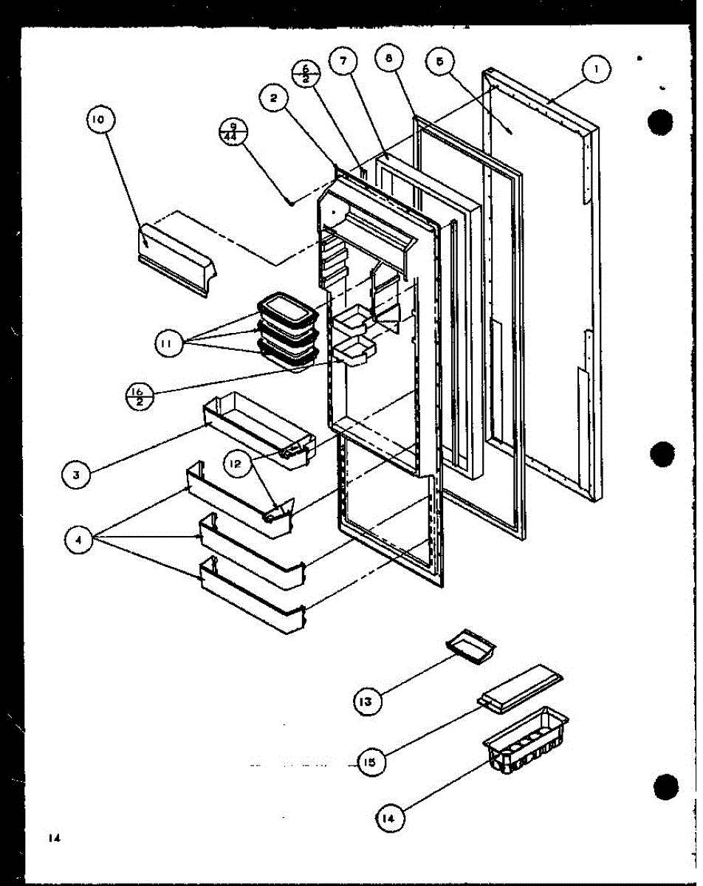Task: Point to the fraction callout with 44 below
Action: click(x=233, y=133)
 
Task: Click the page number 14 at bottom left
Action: click(x=52, y=837)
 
